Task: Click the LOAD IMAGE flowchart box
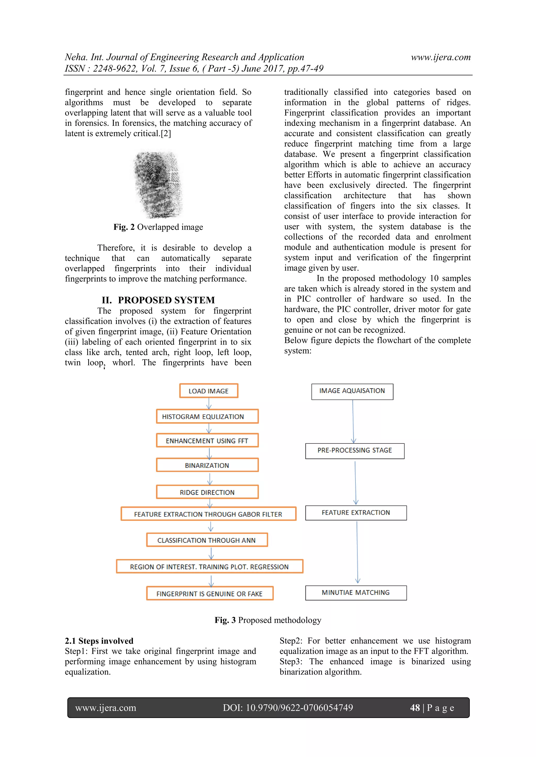point(209,391)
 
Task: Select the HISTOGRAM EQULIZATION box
point(207,417)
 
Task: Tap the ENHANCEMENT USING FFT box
point(207,441)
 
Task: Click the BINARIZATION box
point(207,465)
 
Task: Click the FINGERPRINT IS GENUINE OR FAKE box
point(210,594)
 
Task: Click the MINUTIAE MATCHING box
point(355,593)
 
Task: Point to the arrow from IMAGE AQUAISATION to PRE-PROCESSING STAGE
point(353,421)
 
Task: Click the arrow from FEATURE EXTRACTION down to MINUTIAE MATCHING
point(357,553)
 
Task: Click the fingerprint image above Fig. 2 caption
point(158,185)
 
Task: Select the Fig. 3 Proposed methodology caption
point(268,620)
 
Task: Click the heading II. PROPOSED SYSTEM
point(158,300)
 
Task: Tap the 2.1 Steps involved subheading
point(99,641)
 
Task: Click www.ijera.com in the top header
point(441,57)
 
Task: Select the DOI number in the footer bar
point(288,708)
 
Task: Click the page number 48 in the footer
point(415,708)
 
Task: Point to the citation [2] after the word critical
point(166,134)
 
